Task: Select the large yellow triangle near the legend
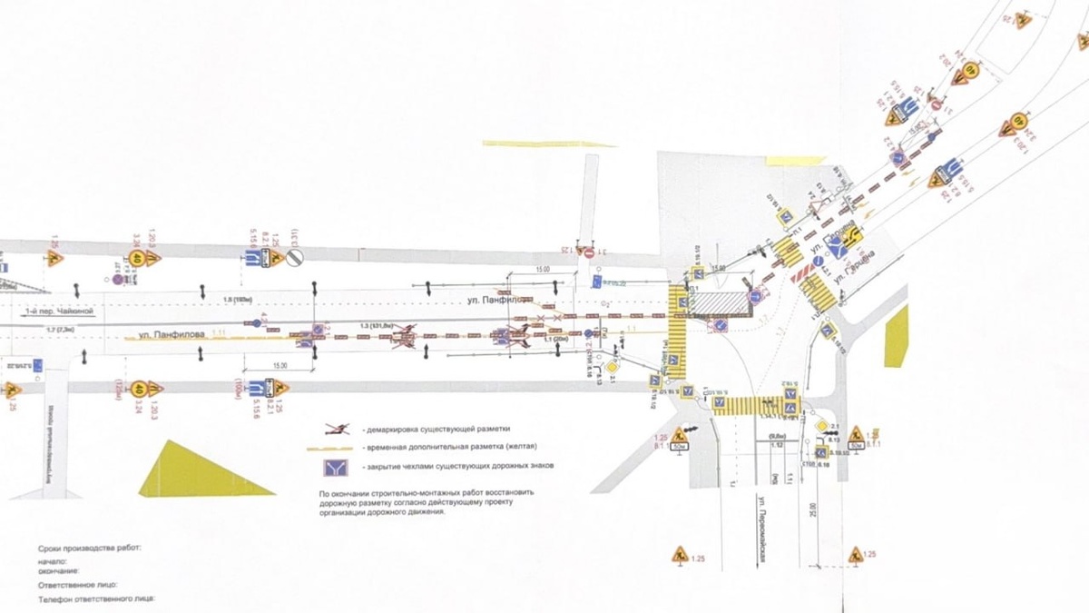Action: point(201,470)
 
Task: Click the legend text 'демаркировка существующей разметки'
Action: point(436,428)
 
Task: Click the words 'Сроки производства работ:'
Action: point(90,549)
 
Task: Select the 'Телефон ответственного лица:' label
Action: point(97,599)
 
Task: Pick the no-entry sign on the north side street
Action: point(588,252)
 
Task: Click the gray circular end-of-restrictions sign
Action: point(294,258)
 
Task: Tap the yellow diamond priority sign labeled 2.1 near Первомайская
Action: point(821,425)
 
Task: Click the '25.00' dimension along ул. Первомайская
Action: point(812,513)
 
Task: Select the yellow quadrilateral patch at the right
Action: point(897,335)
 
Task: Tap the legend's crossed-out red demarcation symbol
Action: point(338,428)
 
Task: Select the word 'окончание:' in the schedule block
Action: point(58,570)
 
